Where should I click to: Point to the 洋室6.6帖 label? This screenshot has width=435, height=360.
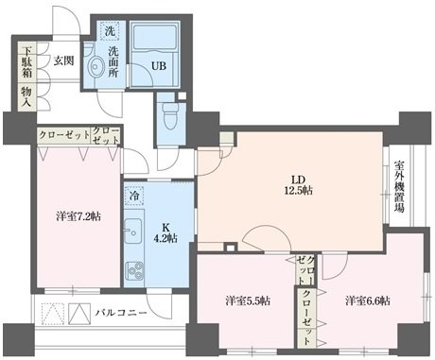click(x=367, y=301)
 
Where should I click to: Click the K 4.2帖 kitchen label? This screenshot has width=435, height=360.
click(x=162, y=232)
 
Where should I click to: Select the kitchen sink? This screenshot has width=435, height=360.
click(x=133, y=232)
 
